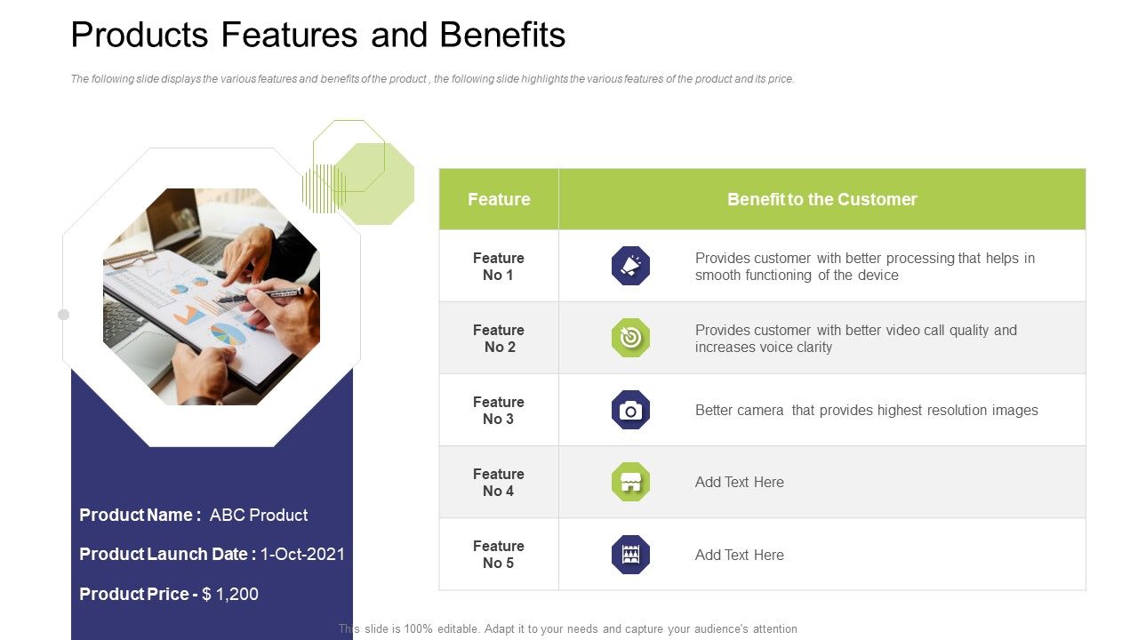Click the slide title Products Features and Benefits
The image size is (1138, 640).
coord(317,36)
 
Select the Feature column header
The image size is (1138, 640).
coord(499,199)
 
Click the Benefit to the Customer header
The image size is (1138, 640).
coord(821,199)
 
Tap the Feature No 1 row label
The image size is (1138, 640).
coord(498,267)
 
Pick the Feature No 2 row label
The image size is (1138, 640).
coord(498,339)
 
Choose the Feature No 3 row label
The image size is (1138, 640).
coord(498,411)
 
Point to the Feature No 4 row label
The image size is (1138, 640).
coord(498,483)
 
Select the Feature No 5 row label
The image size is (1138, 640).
coord(498,555)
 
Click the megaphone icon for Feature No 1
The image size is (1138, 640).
coord(630,266)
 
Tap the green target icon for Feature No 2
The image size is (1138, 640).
coord(630,338)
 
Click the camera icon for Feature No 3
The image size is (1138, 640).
coord(630,410)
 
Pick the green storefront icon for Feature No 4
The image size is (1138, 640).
coord(630,482)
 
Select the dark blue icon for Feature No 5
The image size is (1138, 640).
coord(630,555)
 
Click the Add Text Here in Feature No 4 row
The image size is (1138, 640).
coord(739,483)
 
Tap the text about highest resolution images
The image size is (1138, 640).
coord(866,411)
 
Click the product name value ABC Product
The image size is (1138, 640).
coord(259,516)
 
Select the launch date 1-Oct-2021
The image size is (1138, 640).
coord(302,555)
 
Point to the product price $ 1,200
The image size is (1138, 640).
coord(230,594)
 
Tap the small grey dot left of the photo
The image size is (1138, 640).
coord(63,315)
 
